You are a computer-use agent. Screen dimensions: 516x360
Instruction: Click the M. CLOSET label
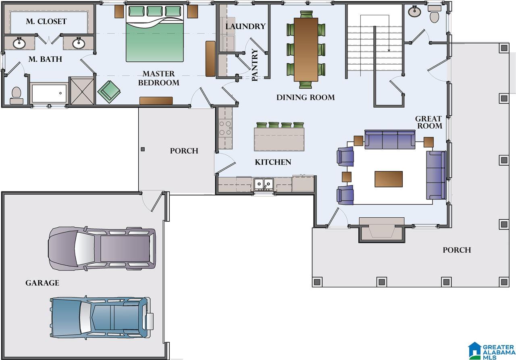46,21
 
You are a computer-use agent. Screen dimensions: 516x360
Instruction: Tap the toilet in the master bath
17,96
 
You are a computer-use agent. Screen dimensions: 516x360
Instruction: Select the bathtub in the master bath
49,93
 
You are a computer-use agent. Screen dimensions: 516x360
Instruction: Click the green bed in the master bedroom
154,33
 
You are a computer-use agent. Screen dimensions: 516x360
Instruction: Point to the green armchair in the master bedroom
109,92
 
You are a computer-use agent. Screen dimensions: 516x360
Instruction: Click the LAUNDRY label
246,26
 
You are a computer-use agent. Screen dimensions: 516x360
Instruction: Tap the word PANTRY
254,65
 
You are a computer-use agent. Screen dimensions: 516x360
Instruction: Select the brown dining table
306,50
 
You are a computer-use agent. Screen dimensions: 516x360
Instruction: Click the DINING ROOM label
306,98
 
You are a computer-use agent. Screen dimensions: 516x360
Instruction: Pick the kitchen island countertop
279,139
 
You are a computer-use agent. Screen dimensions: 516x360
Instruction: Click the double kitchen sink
264,184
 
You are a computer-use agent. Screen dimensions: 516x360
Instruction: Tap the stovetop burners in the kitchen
225,128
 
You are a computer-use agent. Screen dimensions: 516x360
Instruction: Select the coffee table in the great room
389,179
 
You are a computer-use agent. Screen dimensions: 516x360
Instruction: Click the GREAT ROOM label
429,122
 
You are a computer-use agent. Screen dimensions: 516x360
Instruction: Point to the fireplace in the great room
381,229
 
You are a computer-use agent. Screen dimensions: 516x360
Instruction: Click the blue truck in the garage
102,317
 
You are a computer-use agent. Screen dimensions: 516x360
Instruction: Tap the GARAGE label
42,283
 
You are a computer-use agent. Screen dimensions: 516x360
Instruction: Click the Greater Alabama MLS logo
491,351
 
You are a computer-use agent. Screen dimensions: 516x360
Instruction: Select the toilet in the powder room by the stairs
435,14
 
